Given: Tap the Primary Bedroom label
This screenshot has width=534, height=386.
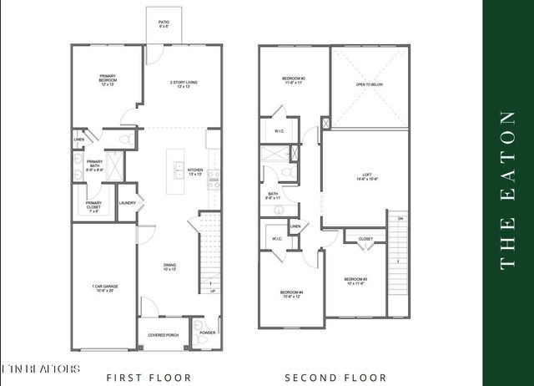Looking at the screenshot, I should click(x=107, y=81).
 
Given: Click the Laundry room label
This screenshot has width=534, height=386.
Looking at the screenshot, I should click(x=128, y=202).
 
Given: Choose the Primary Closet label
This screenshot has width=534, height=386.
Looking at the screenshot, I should click(x=94, y=207).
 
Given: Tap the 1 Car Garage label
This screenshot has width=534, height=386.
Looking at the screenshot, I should click(x=104, y=289).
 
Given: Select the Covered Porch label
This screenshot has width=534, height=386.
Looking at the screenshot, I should click(x=163, y=335).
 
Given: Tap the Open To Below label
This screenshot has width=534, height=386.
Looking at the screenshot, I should click(x=370, y=84).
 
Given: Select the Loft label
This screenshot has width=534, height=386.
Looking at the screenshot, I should click(x=367, y=175).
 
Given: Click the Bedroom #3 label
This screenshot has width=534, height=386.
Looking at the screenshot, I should click(x=355, y=281).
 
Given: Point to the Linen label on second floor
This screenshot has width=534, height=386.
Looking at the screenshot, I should click(x=295, y=226).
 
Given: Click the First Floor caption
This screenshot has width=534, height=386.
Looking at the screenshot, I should click(x=149, y=378).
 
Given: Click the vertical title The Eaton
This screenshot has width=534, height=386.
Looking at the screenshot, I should click(x=507, y=192).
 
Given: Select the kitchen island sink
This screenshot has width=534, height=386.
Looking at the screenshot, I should click(x=178, y=172).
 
